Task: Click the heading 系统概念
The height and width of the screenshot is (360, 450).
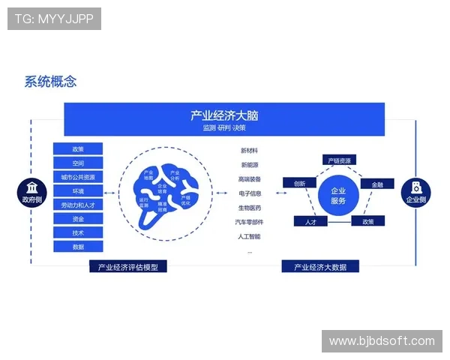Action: pyautogui.click(x=50, y=82)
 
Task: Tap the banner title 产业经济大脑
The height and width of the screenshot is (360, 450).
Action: pyautogui.click(x=224, y=115)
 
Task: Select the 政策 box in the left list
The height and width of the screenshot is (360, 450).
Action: pyautogui.click(x=78, y=149)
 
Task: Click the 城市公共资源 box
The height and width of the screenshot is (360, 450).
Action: pyautogui.click(x=78, y=177)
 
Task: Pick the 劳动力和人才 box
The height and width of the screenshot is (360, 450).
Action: pyautogui.click(x=78, y=205)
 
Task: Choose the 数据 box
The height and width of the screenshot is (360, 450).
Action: pyautogui.click(x=78, y=247)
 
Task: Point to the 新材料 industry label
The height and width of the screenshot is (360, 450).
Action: pyautogui.click(x=250, y=151)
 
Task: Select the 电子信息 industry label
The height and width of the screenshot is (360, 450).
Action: pyautogui.click(x=250, y=193)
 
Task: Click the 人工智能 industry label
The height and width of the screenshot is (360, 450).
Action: pyautogui.click(x=250, y=236)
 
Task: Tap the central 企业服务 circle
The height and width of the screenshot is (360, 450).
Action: pyautogui.click(x=337, y=196)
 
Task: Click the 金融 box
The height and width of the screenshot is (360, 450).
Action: pyautogui.click(x=377, y=184)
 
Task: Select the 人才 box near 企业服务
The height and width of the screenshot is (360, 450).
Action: pyautogui.click(x=310, y=222)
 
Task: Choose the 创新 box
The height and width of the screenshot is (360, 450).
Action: pyautogui.click(x=299, y=183)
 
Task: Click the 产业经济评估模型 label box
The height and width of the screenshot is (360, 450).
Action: pyautogui.click(x=127, y=266)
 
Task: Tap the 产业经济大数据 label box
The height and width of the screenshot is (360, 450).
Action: pyautogui.click(x=319, y=266)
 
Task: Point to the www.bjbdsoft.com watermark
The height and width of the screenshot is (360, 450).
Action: pyautogui.click(x=381, y=341)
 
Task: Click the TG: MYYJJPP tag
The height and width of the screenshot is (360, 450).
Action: pyautogui.click(x=54, y=19)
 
